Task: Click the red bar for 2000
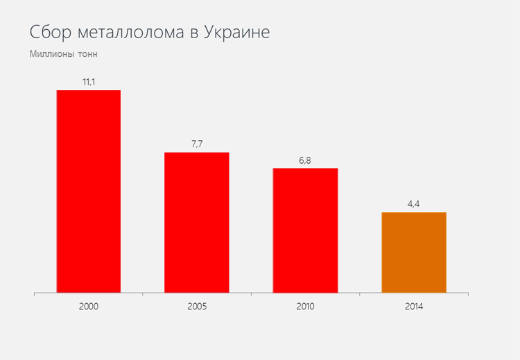pyautogui.click(x=89, y=191)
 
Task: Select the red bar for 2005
pyautogui.click(x=197, y=223)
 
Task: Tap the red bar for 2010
pyautogui.click(x=305, y=230)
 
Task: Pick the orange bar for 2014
pyautogui.click(x=414, y=252)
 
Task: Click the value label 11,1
pyautogui.click(x=89, y=83)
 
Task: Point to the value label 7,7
pyautogui.click(x=197, y=144)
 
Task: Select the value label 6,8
pyautogui.click(x=305, y=160)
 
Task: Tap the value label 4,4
pyautogui.click(x=414, y=204)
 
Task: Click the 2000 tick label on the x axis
pyautogui.click(x=89, y=306)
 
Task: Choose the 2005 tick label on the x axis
pyautogui.click(x=197, y=306)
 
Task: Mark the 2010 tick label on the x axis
pyautogui.click(x=305, y=306)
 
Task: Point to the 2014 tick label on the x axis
pyautogui.click(x=414, y=306)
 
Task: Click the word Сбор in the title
pyautogui.click(x=50, y=33)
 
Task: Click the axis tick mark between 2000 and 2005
pyautogui.click(x=143, y=295)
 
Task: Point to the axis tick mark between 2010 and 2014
pyautogui.click(x=360, y=295)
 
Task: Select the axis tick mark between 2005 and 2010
pyautogui.click(x=251, y=295)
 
